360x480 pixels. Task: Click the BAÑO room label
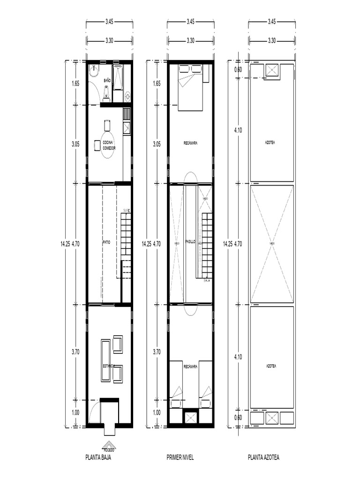point(107,81)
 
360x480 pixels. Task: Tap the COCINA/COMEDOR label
point(109,144)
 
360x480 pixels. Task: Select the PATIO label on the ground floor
point(106,243)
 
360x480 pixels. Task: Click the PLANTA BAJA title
point(98,457)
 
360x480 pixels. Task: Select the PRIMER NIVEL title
point(180,457)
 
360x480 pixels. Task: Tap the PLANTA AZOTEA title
point(263,457)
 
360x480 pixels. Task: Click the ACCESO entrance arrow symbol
point(109,446)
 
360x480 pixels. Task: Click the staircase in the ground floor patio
point(126,234)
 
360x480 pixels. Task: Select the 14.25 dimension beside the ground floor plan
point(65,244)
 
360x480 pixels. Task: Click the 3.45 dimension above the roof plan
point(272,21)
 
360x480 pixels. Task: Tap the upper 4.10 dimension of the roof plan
point(239,131)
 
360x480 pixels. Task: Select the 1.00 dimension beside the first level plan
point(157,413)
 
